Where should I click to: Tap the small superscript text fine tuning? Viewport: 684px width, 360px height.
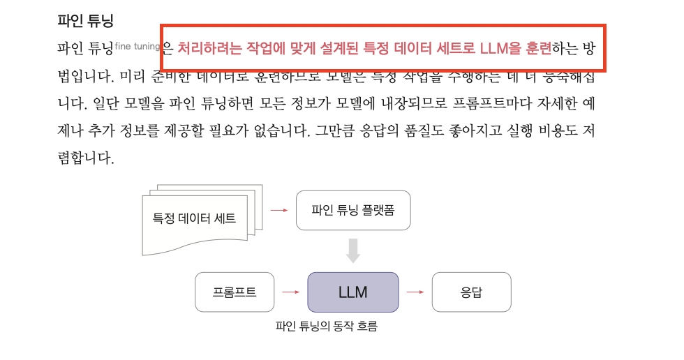coord(137,46)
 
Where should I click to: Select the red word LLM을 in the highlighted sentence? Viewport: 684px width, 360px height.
coord(500,48)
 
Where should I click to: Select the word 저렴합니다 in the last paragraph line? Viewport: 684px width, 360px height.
coord(85,158)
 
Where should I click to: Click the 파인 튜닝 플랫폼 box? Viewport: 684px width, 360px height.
coord(353,209)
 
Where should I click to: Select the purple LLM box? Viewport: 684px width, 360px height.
coord(353,292)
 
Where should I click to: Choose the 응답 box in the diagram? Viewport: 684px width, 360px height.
coord(471,292)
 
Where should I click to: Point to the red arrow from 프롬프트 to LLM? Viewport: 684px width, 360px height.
coord(290,292)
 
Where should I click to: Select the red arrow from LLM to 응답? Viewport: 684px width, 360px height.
coord(415,292)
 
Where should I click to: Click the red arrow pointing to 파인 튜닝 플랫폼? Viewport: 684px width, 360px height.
coord(279,209)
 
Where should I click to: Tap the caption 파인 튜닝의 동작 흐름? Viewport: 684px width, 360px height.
coord(326,325)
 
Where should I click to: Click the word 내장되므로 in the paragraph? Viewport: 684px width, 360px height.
coord(406,104)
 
